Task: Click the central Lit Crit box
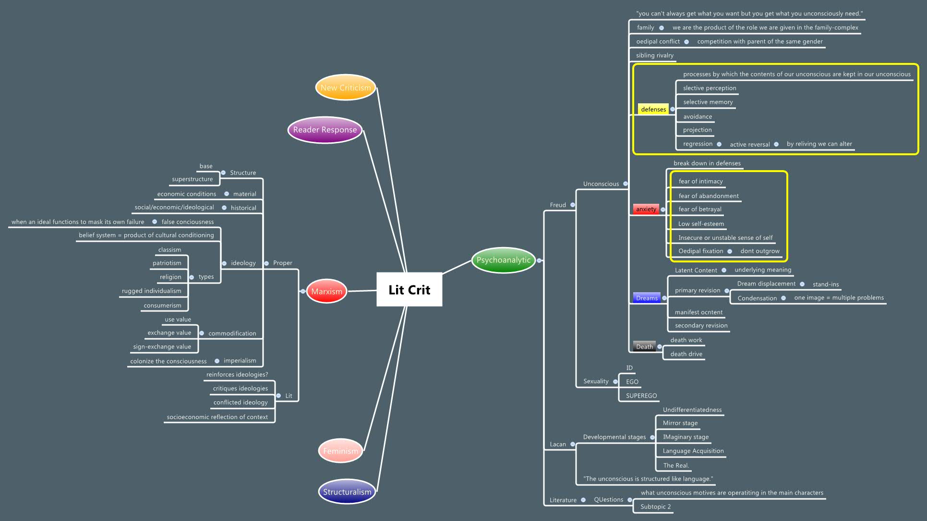tap(409, 289)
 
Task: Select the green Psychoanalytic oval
tap(503, 260)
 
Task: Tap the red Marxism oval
tap(326, 291)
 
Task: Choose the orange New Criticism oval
tap(345, 87)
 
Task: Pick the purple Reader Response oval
tap(325, 130)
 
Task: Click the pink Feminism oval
tap(340, 451)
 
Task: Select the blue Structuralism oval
tap(347, 492)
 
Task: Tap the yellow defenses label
tap(653, 110)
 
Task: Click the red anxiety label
tap(646, 209)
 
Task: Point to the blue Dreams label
tap(647, 298)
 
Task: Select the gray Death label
tap(644, 347)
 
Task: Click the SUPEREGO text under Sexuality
tap(641, 396)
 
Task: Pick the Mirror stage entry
tap(680, 423)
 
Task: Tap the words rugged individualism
tap(152, 291)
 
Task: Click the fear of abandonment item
tap(709, 196)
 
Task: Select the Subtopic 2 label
tap(655, 507)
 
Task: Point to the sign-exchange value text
tap(162, 347)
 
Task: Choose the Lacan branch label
tap(558, 444)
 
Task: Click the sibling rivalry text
tap(654, 55)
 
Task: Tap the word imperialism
tap(240, 360)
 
